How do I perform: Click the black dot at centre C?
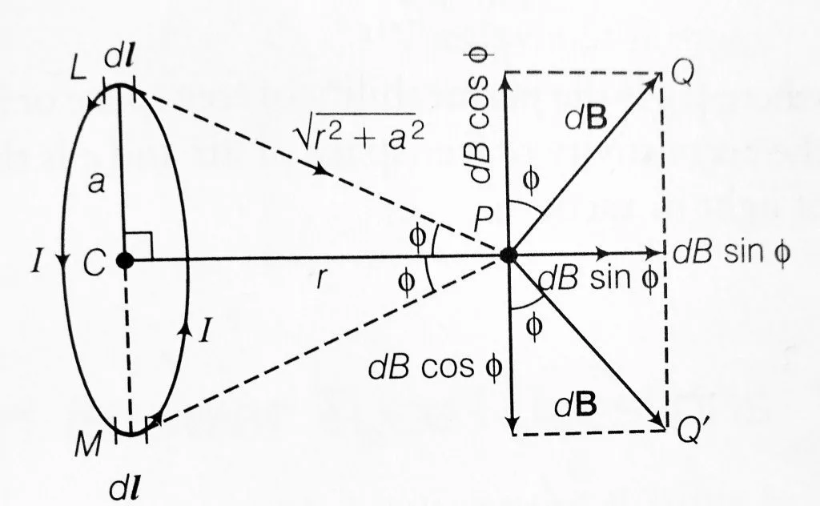[x=124, y=261]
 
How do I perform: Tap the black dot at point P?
[x=508, y=255]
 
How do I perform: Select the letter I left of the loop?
[x=37, y=262]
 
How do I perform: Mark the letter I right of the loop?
[x=206, y=329]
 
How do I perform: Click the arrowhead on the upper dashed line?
[x=325, y=171]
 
